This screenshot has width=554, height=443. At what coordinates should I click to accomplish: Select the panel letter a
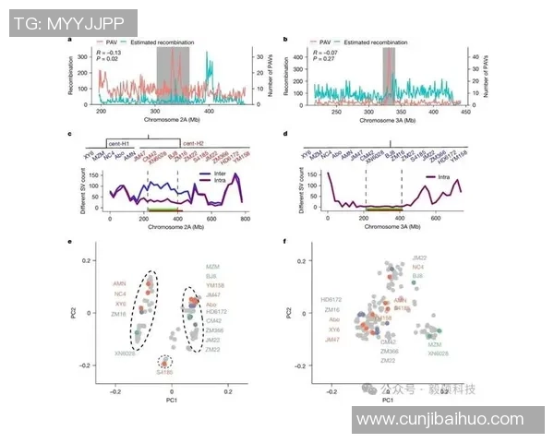[x=70, y=40]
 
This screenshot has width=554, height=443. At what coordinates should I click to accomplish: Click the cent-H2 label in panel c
[x=192, y=144]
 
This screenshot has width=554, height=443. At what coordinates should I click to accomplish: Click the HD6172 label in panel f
[x=329, y=300]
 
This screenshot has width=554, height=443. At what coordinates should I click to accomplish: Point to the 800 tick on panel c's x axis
[x=245, y=219]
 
